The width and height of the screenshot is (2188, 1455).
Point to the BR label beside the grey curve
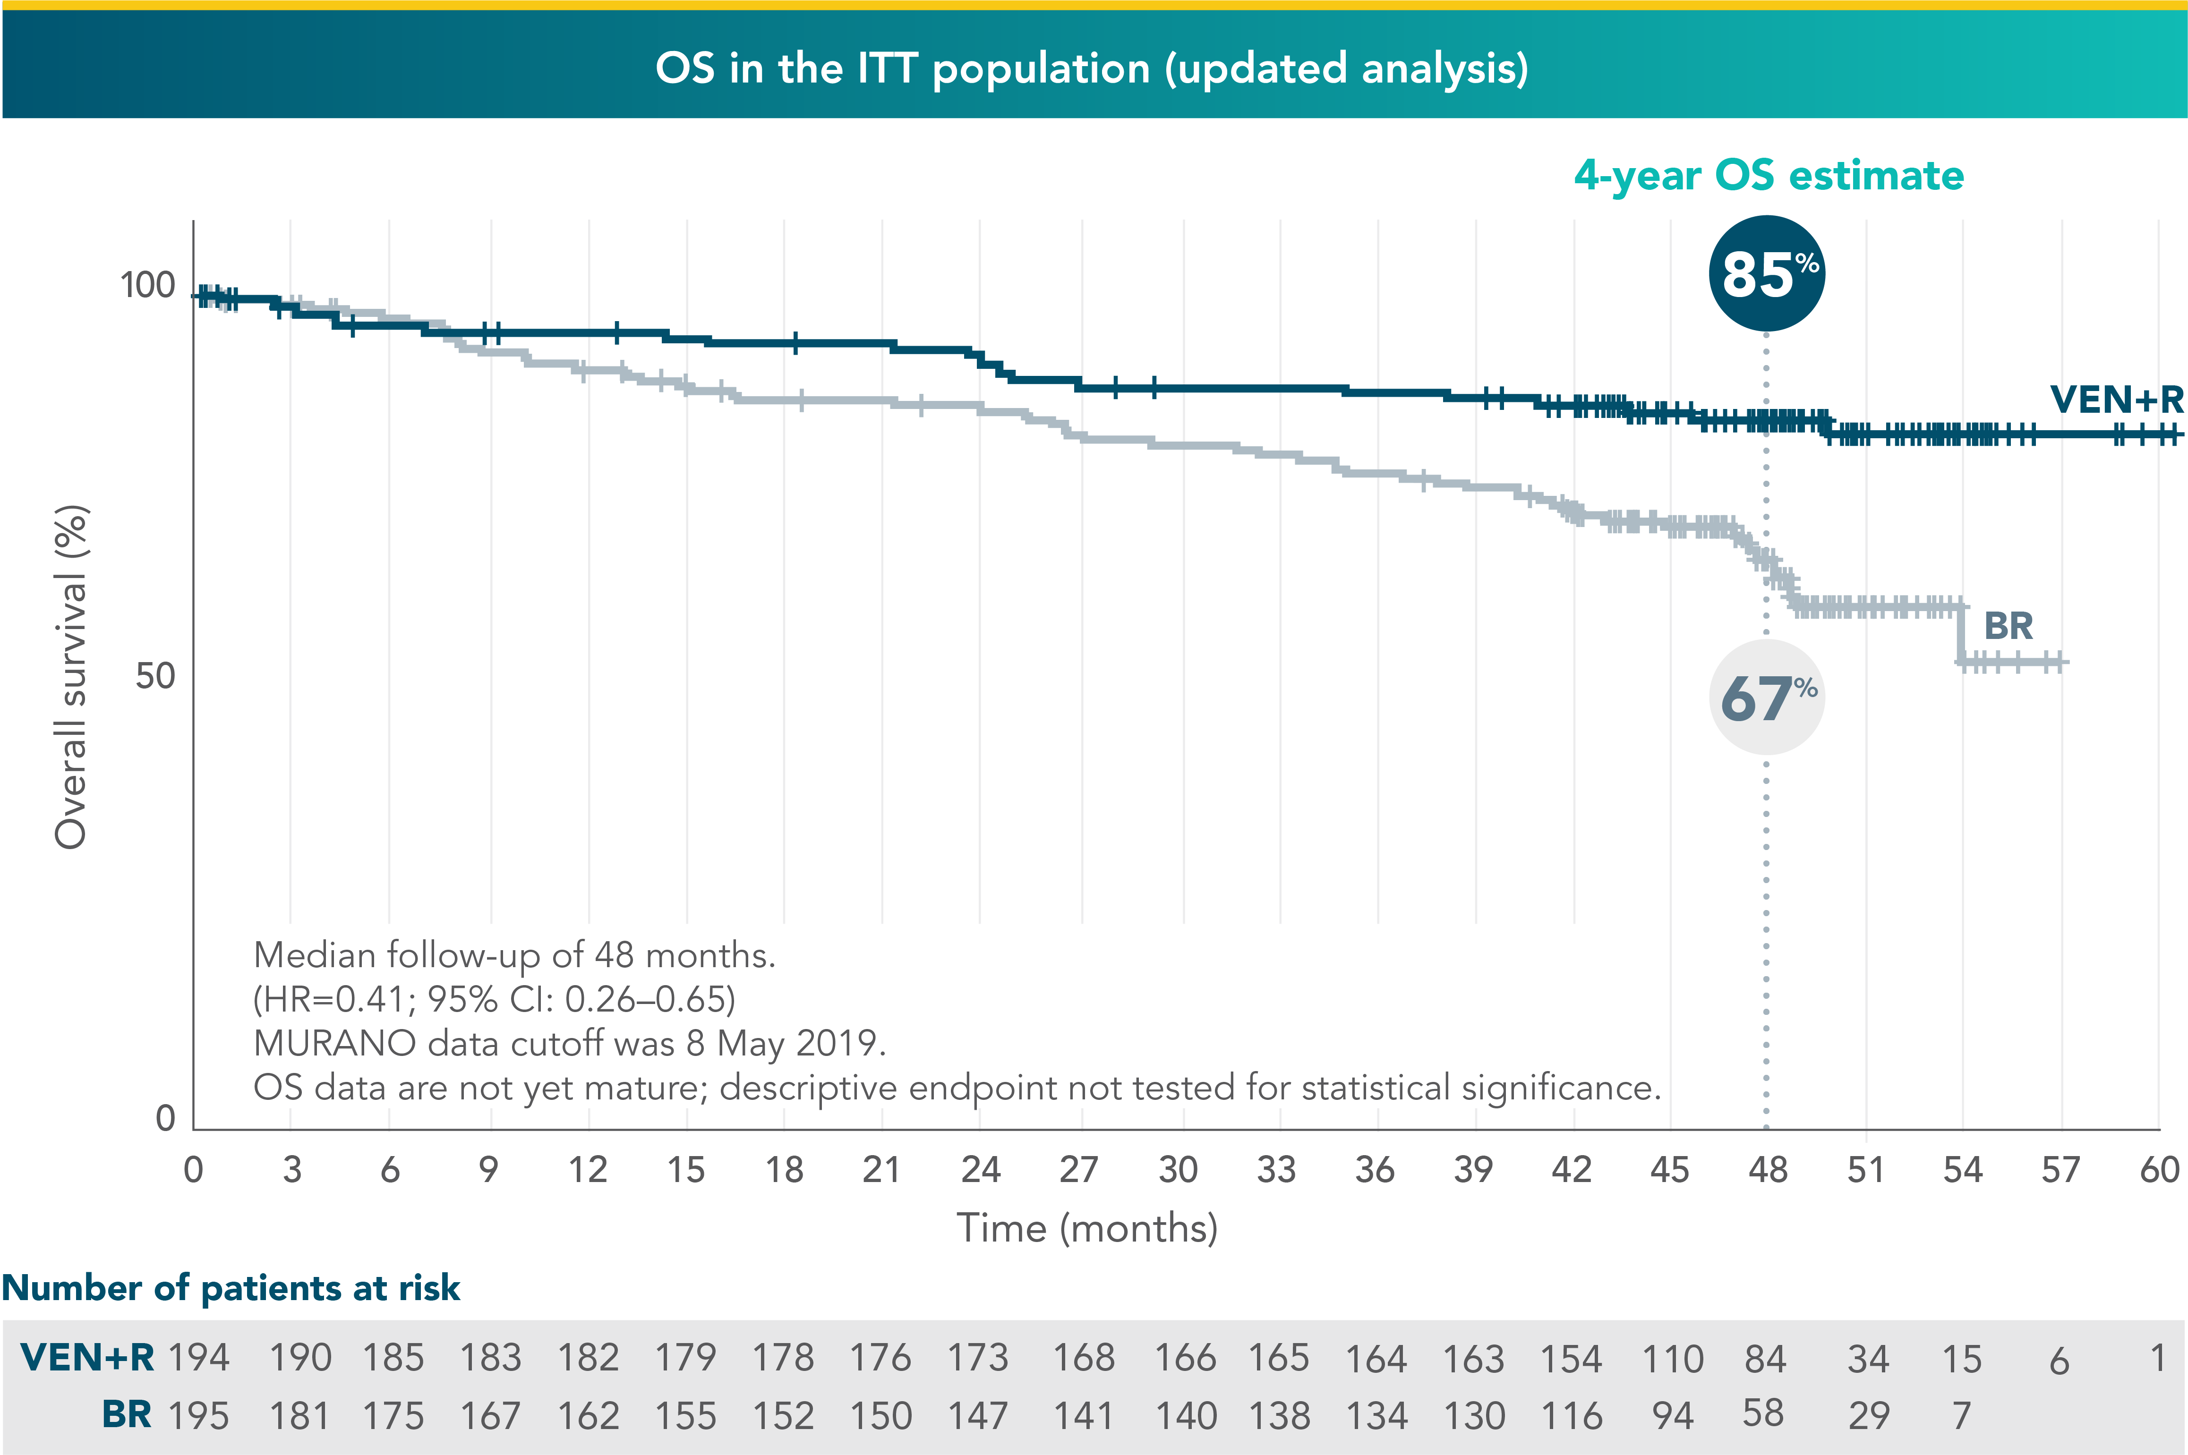tap(2008, 626)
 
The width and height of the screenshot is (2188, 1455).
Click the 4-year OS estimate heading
tap(1769, 175)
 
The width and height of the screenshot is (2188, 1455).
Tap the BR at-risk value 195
tap(198, 1416)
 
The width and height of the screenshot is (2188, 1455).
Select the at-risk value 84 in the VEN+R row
tap(1765, 1359)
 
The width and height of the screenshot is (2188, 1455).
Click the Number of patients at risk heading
tap(231, 1288)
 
